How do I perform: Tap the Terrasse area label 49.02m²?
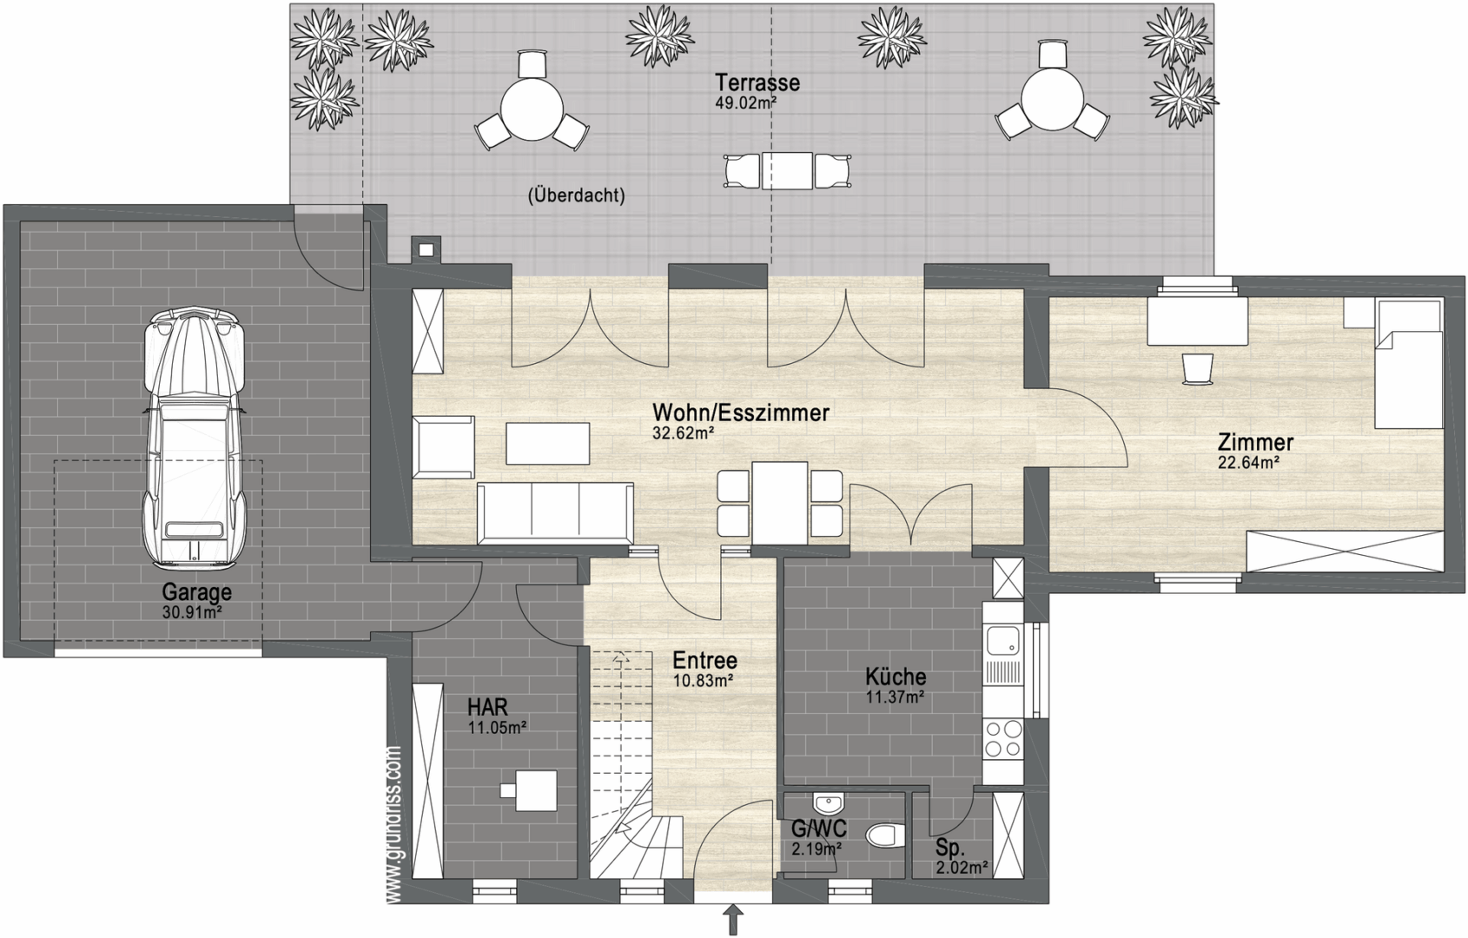click(746, 102)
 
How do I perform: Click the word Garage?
click(196, 592)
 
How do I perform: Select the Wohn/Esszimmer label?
click(741, 413)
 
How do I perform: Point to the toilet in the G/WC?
click(885, 836)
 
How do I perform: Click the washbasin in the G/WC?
click(829, 803)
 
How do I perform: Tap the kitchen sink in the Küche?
click(1002, 640)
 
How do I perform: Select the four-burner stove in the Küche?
click(1003, 738)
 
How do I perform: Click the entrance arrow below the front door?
click(733, 920)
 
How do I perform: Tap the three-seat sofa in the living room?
click(555, 513)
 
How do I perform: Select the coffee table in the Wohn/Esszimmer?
click(547, 444)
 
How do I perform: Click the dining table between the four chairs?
click(780, 503)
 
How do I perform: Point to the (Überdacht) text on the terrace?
click(576, 195)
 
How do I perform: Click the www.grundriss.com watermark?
click(394, 825)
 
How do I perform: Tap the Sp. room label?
click(949, 849)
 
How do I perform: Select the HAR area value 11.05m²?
click(498, 727)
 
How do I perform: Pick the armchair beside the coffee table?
click(444, 448)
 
